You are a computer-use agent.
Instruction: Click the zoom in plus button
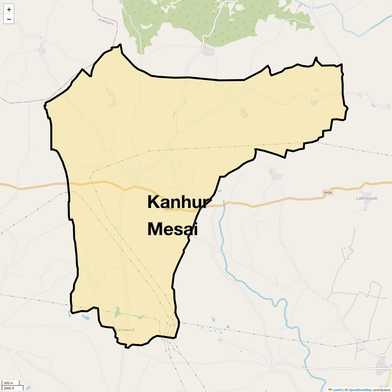click(x=9, y=9)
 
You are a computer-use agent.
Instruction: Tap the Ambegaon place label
click(x=106, y=21)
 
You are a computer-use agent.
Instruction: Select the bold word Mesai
click(x=172, y=229)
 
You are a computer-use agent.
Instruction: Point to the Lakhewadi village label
click(x=367, y=198)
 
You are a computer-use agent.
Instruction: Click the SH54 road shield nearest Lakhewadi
click(x=328, y=193)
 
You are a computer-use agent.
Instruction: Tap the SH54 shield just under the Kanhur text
click(x=169, y=209)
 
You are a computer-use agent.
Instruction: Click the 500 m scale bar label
click(x=8, y=383)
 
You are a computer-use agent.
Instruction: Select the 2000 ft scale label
click(x=9, y=388)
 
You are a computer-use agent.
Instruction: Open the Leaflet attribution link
click(x=337, y=390)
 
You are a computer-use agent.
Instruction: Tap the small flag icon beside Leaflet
click(x=330, y=390)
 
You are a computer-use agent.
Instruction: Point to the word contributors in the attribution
click(x=382, y=390)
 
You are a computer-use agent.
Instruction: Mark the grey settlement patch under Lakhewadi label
click(x=367, y=205)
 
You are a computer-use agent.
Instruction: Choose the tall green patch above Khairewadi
click(x=117, y=312)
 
